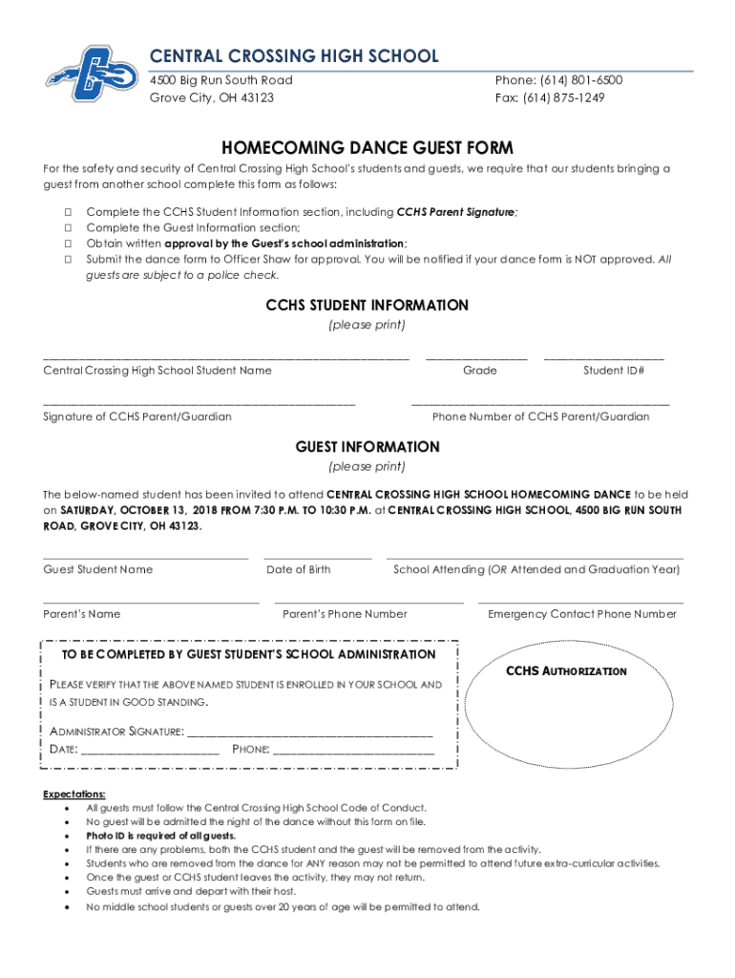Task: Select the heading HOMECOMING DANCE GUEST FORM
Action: pos(367,147)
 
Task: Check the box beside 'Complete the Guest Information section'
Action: pos(69,227)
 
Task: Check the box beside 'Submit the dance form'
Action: pos(69,259)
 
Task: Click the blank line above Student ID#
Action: pos(603,357)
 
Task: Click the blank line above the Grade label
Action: pos(476,357)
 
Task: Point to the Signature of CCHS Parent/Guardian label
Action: pos(137,416)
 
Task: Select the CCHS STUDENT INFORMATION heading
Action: pos(367,306)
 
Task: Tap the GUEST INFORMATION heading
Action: pos(367,447)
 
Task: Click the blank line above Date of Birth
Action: pos(318,556)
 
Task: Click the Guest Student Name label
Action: pos(98,569)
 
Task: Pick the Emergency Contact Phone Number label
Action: pos(581,614)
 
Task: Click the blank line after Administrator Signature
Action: pos(310,733)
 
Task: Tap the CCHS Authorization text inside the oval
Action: pos(566,671)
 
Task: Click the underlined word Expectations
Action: pos(74,794)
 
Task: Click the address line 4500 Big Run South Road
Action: pos(221,80)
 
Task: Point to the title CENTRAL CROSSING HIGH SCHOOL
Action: pos(294,56)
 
